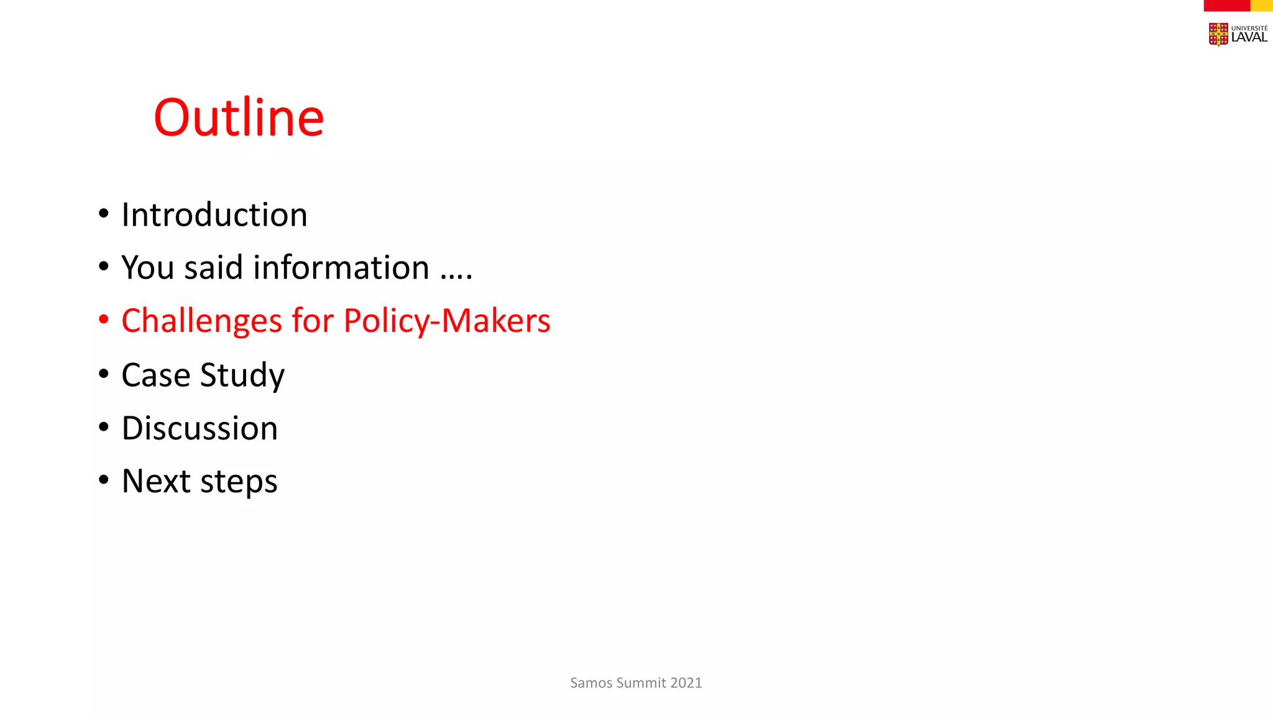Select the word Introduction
click(214, 215)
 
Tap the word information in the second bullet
click(341, 268)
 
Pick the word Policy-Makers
click(447, 321)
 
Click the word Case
click(155, 375)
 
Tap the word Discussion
click(200, 428)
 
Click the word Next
click(155, 481)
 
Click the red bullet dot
click(104, 320)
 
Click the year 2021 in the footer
click(686, 683)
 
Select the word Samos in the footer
click(591, 683)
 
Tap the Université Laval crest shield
click(1218, 34)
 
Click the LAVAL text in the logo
click(1249, 37)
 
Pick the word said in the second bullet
click(213, 268)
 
